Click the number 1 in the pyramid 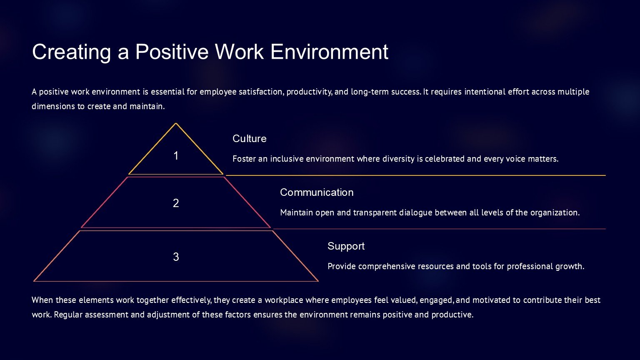pyautogui.click(x=176, y=156)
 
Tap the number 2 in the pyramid pyautogui.click(x=176, y=203)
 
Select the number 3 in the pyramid pyautogui.click(x=176, y=257)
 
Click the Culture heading pyautogui.click(x=250, y=139)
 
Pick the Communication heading pyautogui.click(x=317, y=192)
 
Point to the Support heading pyautogui.click(x=346, y=246)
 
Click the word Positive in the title pyautogui.click(x=172, y=52)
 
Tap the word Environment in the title pyautogui.click(x=330, y=52)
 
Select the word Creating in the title pyautogui.click(x=71, y=52)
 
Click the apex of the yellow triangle pyautogui.click(x=176, y=123)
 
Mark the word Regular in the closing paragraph pyautogui.click(x=68, y=315)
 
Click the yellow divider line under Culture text pyautogui.click(x=416, y=175)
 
